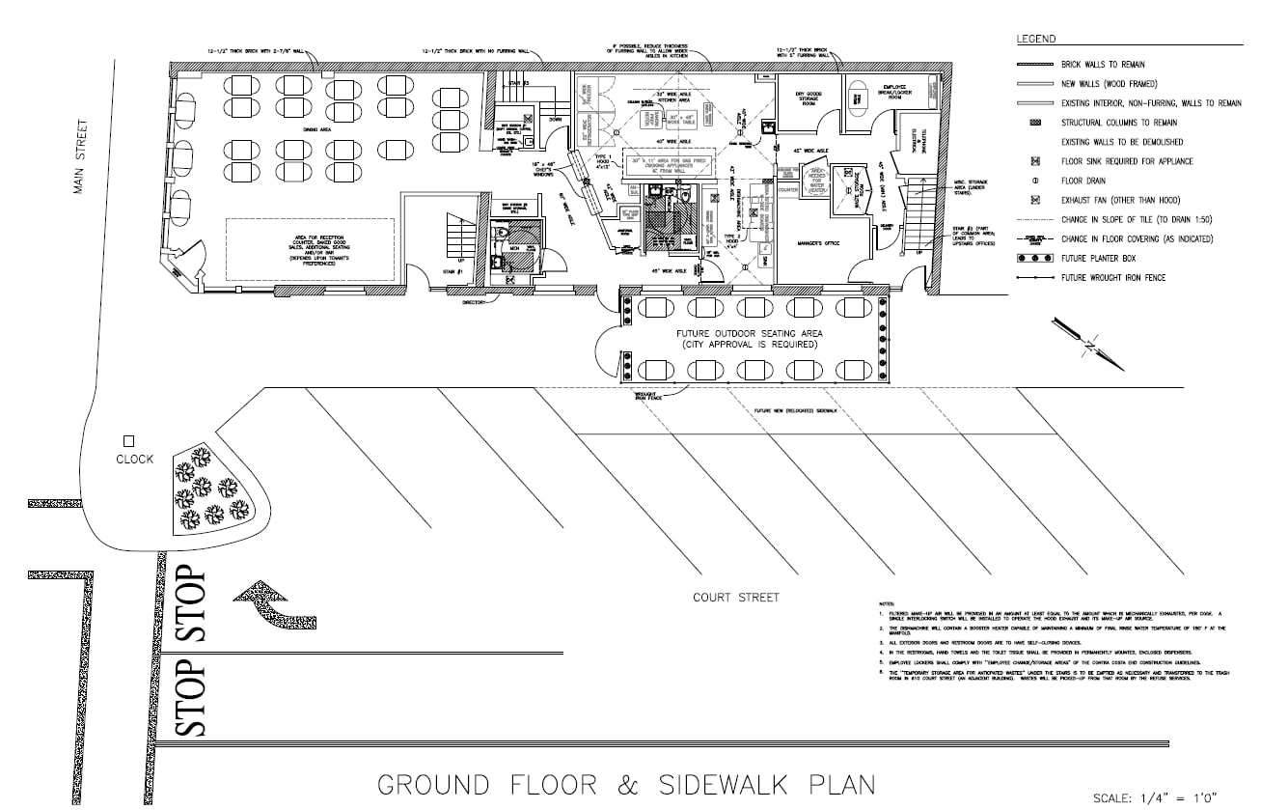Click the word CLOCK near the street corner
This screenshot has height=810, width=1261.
pos(134,459)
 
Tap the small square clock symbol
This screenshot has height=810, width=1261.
pos(128,440)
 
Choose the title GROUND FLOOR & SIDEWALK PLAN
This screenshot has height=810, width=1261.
pos(625,784)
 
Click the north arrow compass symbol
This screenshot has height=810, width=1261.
pos(1089,343)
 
